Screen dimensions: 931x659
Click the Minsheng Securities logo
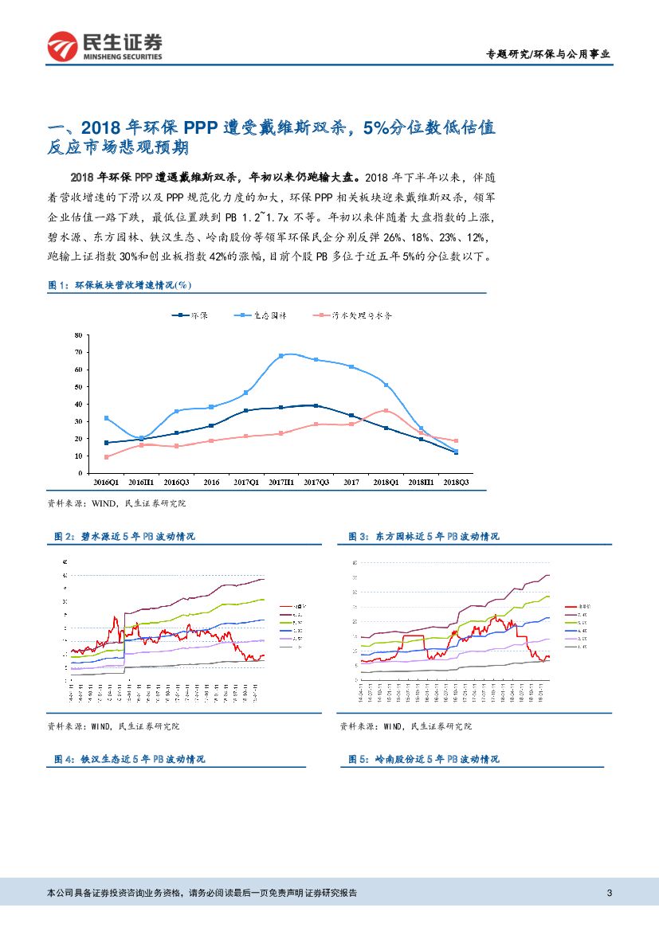pos(104,47)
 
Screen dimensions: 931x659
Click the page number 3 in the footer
pos(610,892)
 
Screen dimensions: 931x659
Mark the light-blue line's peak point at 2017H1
pos(281,356)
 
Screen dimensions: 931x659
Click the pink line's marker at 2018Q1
pos(386,411)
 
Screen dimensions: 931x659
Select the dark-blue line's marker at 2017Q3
pos(316,405)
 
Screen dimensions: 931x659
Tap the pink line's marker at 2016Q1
pos(106,457)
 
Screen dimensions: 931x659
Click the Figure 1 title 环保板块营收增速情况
pos(120,284)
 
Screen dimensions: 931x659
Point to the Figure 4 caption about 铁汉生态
pos(131,760)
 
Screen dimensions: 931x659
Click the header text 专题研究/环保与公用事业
pos(549,54)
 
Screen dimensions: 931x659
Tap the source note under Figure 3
pos(406,726)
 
